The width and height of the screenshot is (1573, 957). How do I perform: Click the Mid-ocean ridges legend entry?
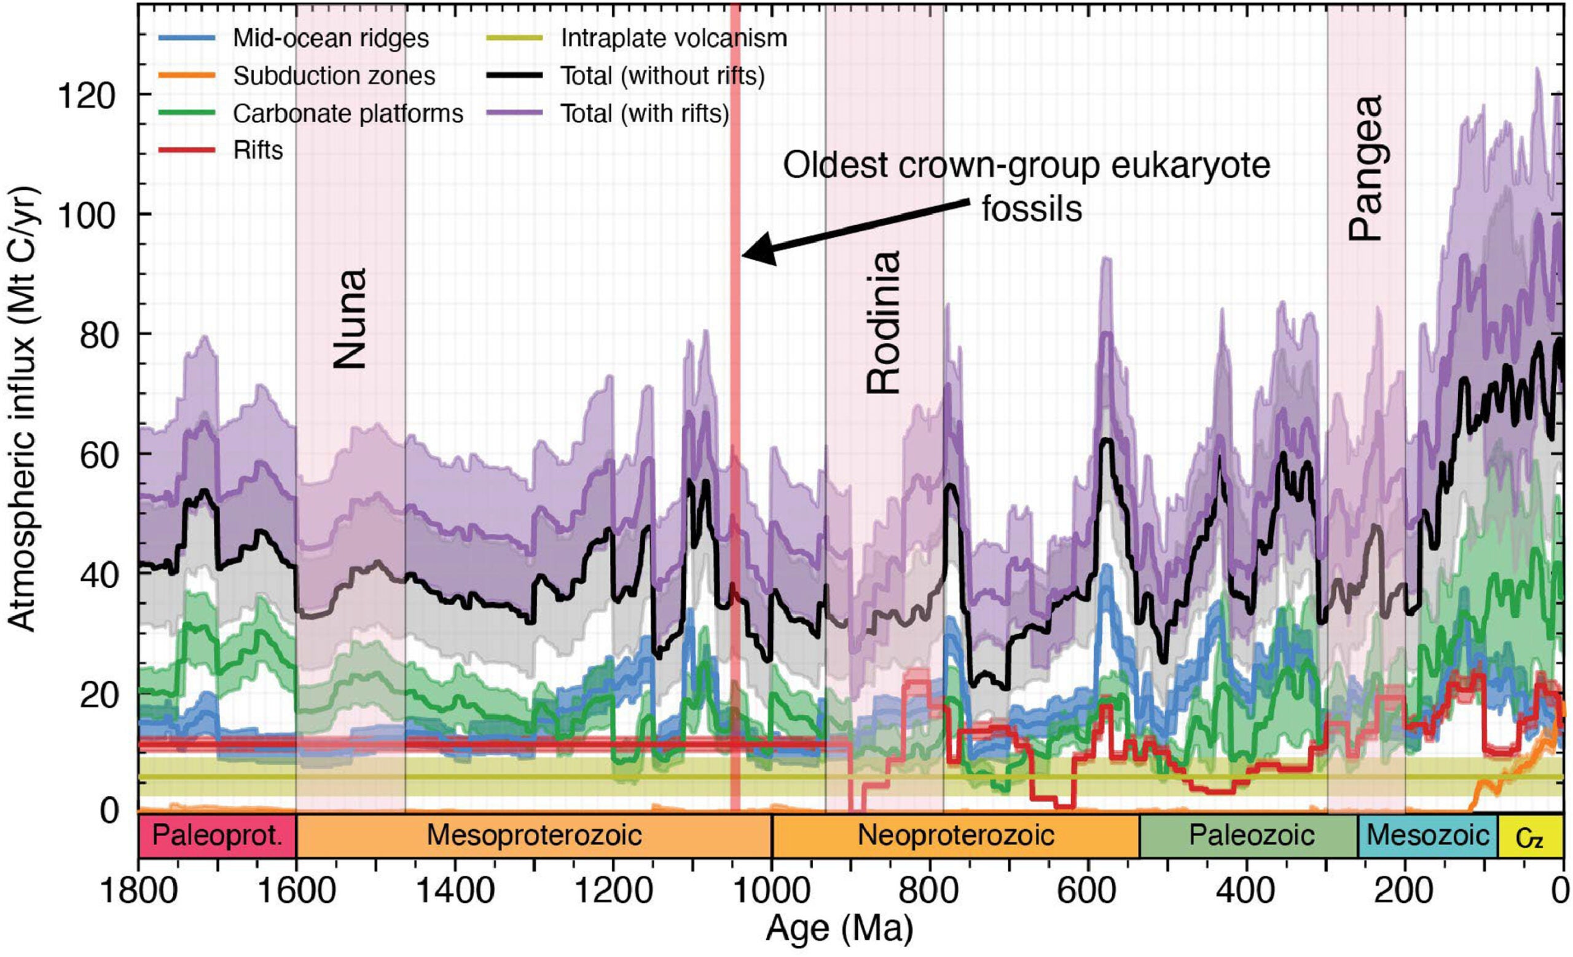point(330,38)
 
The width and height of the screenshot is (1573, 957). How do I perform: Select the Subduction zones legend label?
point(334,76)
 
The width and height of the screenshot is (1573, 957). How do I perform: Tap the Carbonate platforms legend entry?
point(347,114)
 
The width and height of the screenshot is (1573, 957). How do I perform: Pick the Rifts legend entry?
point(258,151)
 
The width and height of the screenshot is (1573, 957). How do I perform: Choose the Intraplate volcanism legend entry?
point(673,38)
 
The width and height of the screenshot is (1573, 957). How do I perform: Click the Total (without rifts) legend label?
point(662,76)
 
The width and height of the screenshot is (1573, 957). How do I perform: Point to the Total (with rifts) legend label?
point(644,114)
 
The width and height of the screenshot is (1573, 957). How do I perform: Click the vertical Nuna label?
point(350,318)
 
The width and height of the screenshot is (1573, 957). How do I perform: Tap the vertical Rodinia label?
point(883,321)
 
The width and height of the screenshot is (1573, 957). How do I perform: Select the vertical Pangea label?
point(1366,167)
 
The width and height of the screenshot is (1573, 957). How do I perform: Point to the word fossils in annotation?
point(1032,209)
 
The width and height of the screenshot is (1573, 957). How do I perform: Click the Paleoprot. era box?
point(217,836)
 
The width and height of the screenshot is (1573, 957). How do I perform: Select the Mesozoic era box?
point(1427,836)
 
